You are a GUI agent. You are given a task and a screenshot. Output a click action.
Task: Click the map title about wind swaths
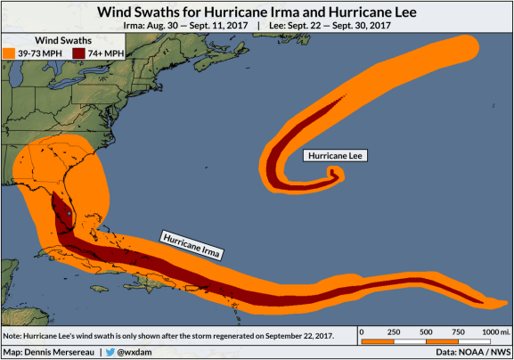click(x=257, y=12)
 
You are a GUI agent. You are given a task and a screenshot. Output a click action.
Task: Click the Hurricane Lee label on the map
click(x=335, y=156)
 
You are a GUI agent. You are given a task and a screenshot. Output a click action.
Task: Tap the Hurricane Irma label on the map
click(x=191, y=244)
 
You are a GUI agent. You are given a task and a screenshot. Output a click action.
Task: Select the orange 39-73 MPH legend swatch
click(x=12, y=55)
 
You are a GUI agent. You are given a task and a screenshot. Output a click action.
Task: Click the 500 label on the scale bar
click(x=428, y=331)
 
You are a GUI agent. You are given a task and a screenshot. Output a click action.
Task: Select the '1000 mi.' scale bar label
click(x=494, y=331)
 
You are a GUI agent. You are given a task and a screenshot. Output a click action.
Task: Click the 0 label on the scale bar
click(x=363, y=331)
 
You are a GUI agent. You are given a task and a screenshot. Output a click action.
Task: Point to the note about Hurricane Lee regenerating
click(x=169, y=335)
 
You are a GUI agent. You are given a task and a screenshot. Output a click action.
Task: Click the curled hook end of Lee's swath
click(x=336, y=173)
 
